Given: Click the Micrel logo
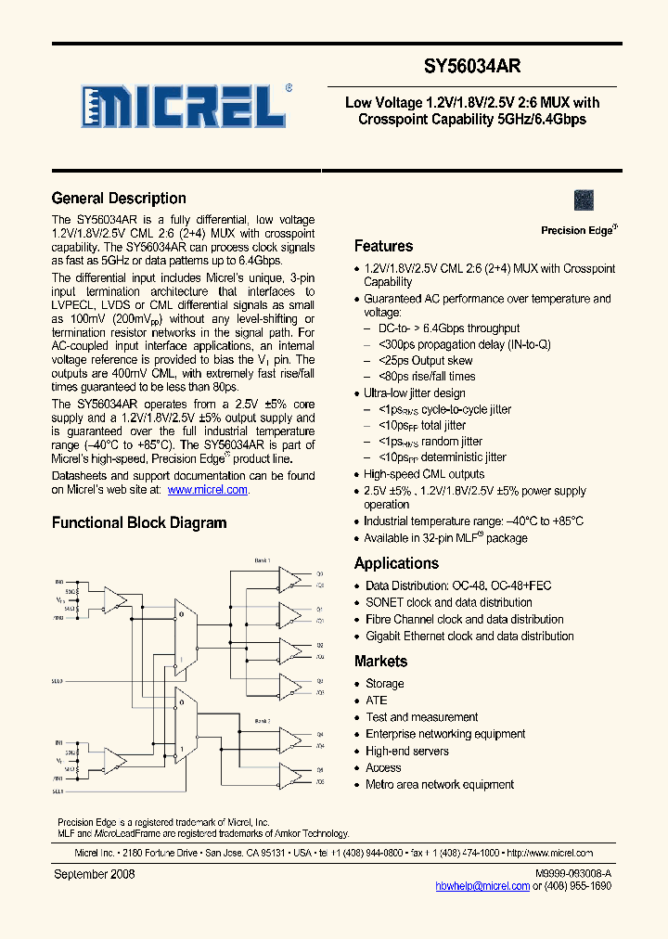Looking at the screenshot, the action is (184, 107).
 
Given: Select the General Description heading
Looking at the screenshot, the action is (119, 199).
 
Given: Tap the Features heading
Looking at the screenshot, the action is (383, 247).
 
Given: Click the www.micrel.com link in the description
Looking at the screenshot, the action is (207, 490).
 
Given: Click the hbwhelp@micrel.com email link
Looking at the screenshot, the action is (482, 886).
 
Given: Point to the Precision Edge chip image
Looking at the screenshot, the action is (584, 199).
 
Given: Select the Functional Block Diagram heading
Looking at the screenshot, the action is (139, 523).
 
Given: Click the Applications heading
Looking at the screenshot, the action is (396, 564).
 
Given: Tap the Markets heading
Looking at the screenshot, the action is (380, 662).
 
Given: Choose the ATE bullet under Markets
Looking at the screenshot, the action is (376, 701).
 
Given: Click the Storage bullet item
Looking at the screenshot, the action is (384, 684).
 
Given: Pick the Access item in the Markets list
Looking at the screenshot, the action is (383, 768).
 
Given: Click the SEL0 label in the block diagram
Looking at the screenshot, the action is (58, 680).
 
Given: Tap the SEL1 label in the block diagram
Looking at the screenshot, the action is (58, 791).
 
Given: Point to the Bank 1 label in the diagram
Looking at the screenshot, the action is (263, 560).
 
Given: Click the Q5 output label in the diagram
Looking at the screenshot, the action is (319, 770).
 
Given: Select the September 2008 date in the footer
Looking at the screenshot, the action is (95, 874).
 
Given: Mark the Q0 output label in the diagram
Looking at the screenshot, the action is (319, 573).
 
